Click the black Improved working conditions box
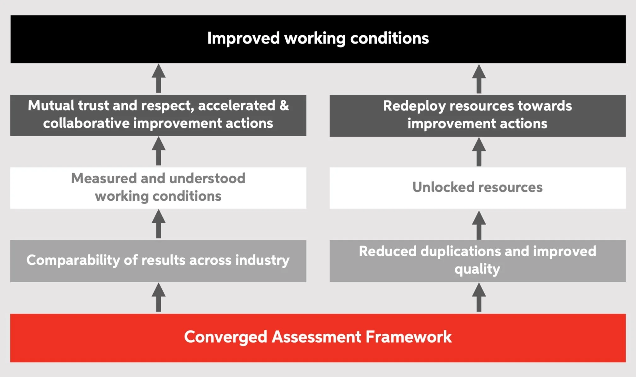point(318,39)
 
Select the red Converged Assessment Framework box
point(318,338)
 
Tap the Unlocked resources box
point(477,188)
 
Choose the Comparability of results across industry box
point(158,261)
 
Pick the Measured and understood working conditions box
point(158,188)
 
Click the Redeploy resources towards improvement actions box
point(477,115)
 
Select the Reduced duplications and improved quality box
point(477,261)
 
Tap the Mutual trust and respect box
point(158,115)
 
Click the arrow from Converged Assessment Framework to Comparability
point(159,297)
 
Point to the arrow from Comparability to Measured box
point(159,224)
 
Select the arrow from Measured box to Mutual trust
point(159,151)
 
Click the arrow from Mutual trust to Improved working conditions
point(159,79)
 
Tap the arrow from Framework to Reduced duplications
point(479,297)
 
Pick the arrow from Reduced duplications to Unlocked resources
point(479,225)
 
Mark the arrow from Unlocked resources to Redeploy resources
point(479,152)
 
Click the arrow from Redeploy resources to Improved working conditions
point(479,79)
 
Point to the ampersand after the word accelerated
point(284,105)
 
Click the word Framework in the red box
point(409,337)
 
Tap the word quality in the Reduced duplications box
point(477,269)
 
